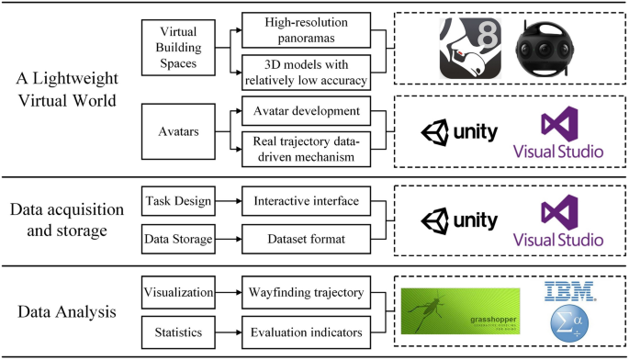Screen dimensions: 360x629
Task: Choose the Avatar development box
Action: click(x=304, y=112)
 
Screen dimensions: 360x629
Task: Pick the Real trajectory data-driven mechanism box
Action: click(x=304, y=149)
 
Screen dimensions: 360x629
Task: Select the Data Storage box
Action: click(x=177, y=241)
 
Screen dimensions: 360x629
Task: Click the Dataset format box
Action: click(x=304, y=241)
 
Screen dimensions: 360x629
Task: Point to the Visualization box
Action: click(x=177, y=293)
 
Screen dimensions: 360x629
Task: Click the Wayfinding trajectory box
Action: click(x=304, y=293)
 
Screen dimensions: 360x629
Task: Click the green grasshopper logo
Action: click(x=460, y=312)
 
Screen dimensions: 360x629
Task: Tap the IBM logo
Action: click(x=569, y=291)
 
